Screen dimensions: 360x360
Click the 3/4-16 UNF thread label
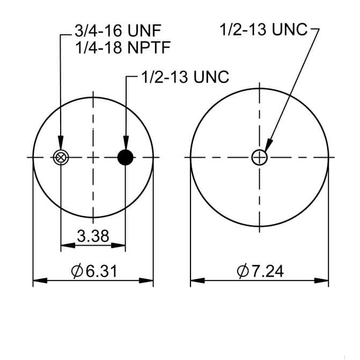click(118, 31)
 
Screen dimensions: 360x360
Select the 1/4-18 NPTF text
click(123, 48)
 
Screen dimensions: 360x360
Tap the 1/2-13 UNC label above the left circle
click(185, 77)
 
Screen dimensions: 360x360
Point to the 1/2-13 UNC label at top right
click(263, 30)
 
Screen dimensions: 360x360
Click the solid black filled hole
click(126, 158)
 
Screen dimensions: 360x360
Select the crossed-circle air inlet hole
click(61, 158)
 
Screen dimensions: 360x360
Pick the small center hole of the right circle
click(260, 158)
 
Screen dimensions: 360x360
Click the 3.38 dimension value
click(93, 236)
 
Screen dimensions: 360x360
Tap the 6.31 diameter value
click(101, 271)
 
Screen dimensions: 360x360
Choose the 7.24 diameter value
click(268, 271)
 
